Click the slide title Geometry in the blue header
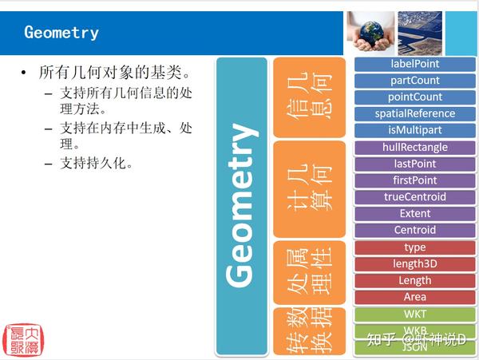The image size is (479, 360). click(61, 33)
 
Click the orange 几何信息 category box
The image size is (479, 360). click(310, 97)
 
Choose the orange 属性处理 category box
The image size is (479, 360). click(310, 271)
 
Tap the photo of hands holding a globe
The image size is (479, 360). click(372, 33)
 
